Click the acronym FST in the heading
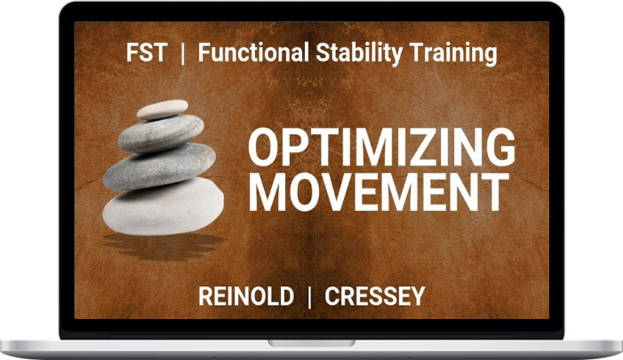147,52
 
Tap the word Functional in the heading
253,52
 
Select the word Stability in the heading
359,53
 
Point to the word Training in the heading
453,53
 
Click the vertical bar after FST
182,53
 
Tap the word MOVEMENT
379,192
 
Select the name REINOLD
246,296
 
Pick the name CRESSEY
375,296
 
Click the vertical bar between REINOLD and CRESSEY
309,297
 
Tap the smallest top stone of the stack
162,109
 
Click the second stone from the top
161,134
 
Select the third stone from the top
159,167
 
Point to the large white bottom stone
163,206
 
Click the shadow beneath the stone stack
164,246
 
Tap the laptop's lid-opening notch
311,343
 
